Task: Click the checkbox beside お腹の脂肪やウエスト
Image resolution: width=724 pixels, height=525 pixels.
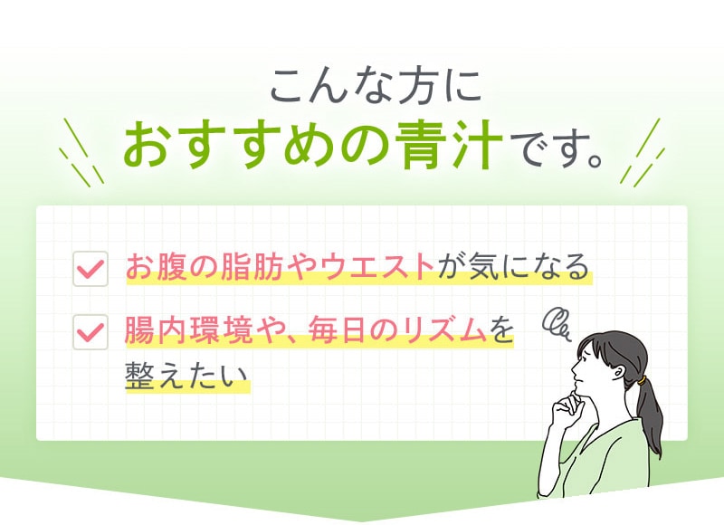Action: point(90,269)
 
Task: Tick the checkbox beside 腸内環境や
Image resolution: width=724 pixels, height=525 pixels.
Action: point(90,332)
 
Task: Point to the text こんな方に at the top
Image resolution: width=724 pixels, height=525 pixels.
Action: point(376,86)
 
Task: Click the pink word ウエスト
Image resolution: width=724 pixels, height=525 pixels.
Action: point(377,268)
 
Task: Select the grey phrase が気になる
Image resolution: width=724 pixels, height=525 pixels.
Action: point(513,268)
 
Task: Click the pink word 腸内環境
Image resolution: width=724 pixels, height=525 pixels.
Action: point(188,330)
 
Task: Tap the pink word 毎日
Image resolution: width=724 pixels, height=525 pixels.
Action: point(338,330)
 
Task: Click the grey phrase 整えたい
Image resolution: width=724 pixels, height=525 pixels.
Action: point(186,376)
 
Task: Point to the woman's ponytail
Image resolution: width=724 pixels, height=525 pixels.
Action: point(649,411)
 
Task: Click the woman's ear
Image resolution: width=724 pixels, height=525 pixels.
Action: point(622,370)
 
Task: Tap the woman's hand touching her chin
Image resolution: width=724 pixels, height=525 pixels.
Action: point(569,406)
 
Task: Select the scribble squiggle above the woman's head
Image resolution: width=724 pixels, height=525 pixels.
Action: point(557,324)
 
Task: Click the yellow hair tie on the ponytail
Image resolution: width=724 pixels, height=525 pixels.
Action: point(642,381)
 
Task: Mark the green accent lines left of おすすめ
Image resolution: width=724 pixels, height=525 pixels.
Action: point(81,152)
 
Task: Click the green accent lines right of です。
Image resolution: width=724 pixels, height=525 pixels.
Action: point(643,152)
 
